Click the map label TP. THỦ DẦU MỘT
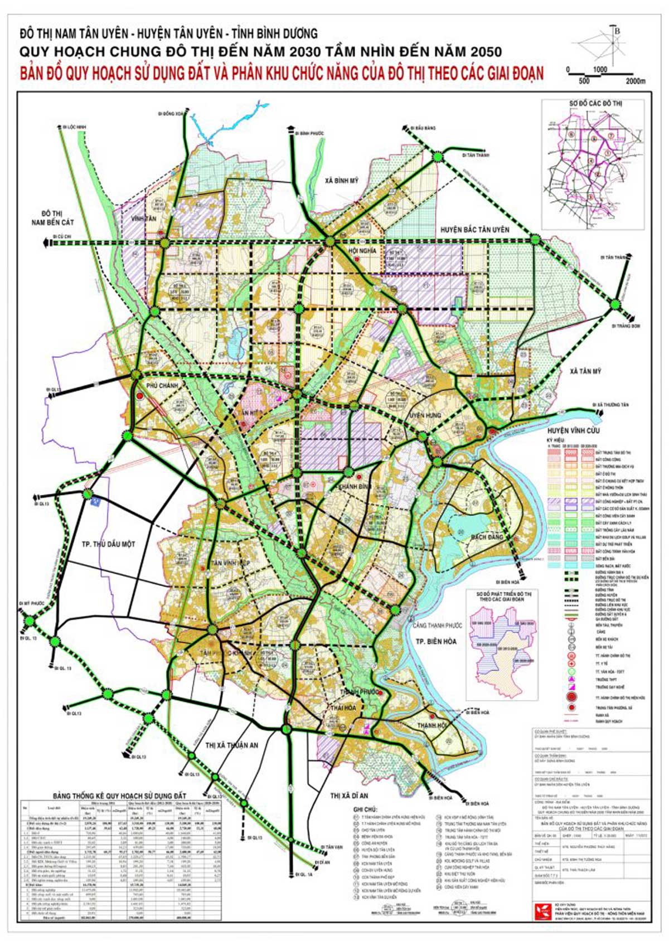[108, 544]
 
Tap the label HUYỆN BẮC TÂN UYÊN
[474, 230]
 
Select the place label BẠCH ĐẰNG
[487, 537]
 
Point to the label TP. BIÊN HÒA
[436, 642]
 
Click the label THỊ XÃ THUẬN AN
[231, 745]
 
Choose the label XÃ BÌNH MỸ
[342, 181]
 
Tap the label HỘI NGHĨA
[362, 251]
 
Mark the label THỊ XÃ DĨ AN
[349, 795]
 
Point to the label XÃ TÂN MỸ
[585, 371]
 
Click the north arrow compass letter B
[617, 32]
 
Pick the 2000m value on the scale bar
[635, 81]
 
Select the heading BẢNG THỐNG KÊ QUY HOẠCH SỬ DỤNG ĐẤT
[119, 795]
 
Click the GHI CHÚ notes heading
[365, 809]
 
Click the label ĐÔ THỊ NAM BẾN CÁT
[52, 218]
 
